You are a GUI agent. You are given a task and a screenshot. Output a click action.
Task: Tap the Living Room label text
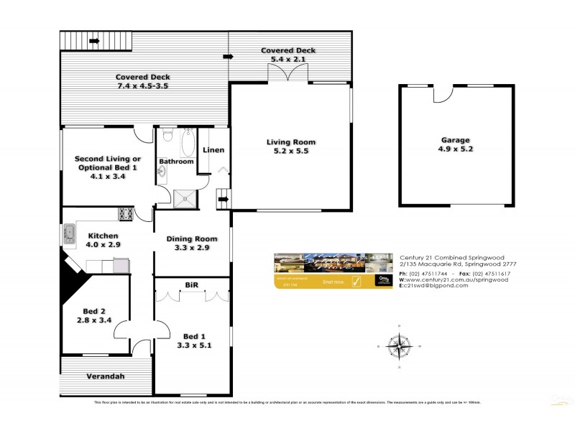click(290, 142)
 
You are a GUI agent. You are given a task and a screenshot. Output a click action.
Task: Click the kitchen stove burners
click(125, 213)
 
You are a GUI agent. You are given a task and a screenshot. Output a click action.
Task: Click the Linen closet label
click(213, 150)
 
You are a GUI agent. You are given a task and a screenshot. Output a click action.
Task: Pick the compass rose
click(397, 346)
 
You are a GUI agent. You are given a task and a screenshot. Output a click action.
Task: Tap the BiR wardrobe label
click(192, 285)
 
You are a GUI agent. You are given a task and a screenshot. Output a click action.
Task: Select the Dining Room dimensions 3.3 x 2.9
click(191, 249)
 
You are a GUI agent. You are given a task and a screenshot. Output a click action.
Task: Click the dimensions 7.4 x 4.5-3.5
click(144, 86)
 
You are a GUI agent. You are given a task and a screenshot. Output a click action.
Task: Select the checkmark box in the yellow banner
click(356, 282)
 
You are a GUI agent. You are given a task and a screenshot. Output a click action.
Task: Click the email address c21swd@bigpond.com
click(435, 285)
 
